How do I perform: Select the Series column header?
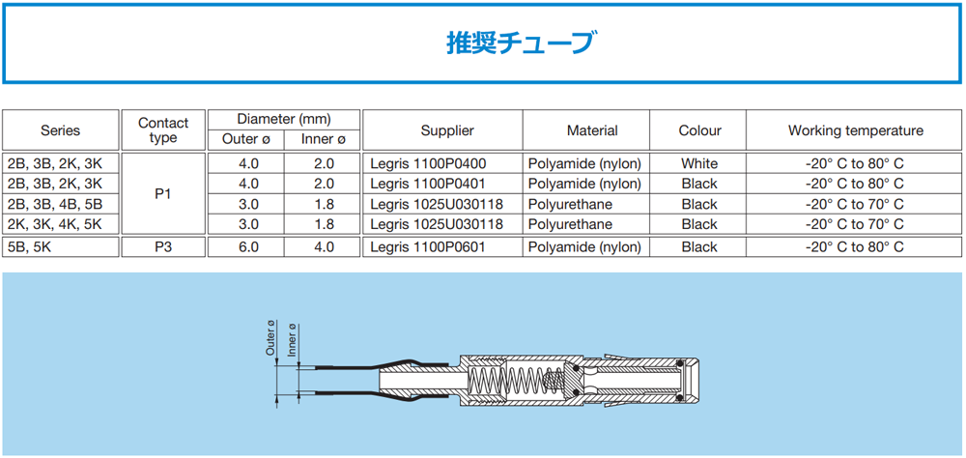60,130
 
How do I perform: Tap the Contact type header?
163,130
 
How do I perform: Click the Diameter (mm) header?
284,118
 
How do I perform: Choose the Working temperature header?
856,130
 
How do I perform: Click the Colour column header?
699,130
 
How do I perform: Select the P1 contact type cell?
163,194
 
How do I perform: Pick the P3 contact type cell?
163,247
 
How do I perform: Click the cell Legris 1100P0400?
429,164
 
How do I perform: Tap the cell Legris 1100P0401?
429,184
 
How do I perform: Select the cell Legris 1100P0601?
429,247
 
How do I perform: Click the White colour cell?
699,164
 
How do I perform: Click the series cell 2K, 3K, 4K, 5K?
55,224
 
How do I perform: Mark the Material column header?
592,130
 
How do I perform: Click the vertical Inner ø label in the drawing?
292,340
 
